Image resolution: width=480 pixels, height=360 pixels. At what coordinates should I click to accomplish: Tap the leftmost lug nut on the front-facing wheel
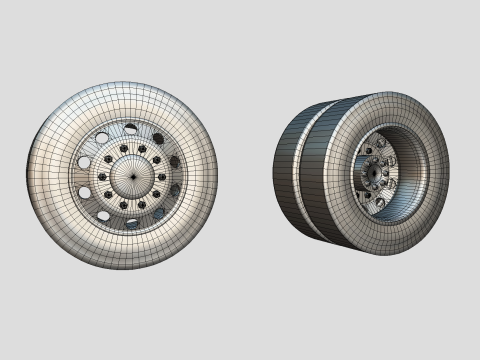pyautogui.click(x=102, y=176)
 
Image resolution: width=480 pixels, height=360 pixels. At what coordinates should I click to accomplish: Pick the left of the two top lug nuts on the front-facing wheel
pyautogui.click(x=123, y=149)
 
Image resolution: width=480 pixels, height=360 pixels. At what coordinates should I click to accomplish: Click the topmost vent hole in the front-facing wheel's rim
pyautogui.click(x=131, y=128)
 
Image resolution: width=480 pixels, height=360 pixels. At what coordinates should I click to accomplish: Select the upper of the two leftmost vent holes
pyautogui.click(x=85, y=162)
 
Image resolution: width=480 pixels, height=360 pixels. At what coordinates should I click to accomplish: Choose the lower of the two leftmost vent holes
pyautogui.click(x=85, y=192)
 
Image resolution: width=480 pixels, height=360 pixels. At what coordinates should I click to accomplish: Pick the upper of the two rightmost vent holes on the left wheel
pyautogui.click(x=174, y=161)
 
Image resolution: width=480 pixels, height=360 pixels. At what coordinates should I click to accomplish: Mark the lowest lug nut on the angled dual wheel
pyautogui.click(x=379, y=201)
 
